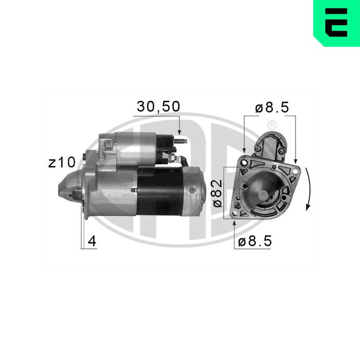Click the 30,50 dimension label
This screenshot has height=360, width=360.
coord(158,107)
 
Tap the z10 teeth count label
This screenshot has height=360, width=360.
coord(62,162)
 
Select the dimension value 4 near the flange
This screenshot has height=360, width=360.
coord(92,241)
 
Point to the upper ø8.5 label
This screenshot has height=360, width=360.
coord(272,107)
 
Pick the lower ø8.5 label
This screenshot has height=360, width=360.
coord(255,241)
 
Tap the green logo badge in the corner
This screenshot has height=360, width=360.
coord(337,23)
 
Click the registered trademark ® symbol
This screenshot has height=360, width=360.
coord(272,126)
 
